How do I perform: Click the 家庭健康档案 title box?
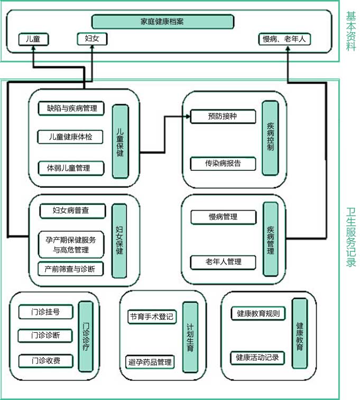pos(162,22)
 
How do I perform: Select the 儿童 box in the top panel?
pos(33,39)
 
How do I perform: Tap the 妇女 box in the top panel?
pos(92,39)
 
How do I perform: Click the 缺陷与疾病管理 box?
pos(71,108)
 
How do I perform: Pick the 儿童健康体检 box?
pos(71,137)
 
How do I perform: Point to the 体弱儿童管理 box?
pos(71,168)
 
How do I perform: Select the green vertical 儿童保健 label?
pos(120,141)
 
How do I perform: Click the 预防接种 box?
pos(223,117)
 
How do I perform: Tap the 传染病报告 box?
pos(223,163)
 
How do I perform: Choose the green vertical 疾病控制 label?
pos(270,138)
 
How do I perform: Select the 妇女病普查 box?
pos(71,211)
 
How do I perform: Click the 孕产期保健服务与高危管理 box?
pos(71,244)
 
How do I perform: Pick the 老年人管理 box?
pos(223,262)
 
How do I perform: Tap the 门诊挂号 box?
pos(45,312)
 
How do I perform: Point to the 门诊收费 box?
pos(45,361)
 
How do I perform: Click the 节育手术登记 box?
pos(151,318)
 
